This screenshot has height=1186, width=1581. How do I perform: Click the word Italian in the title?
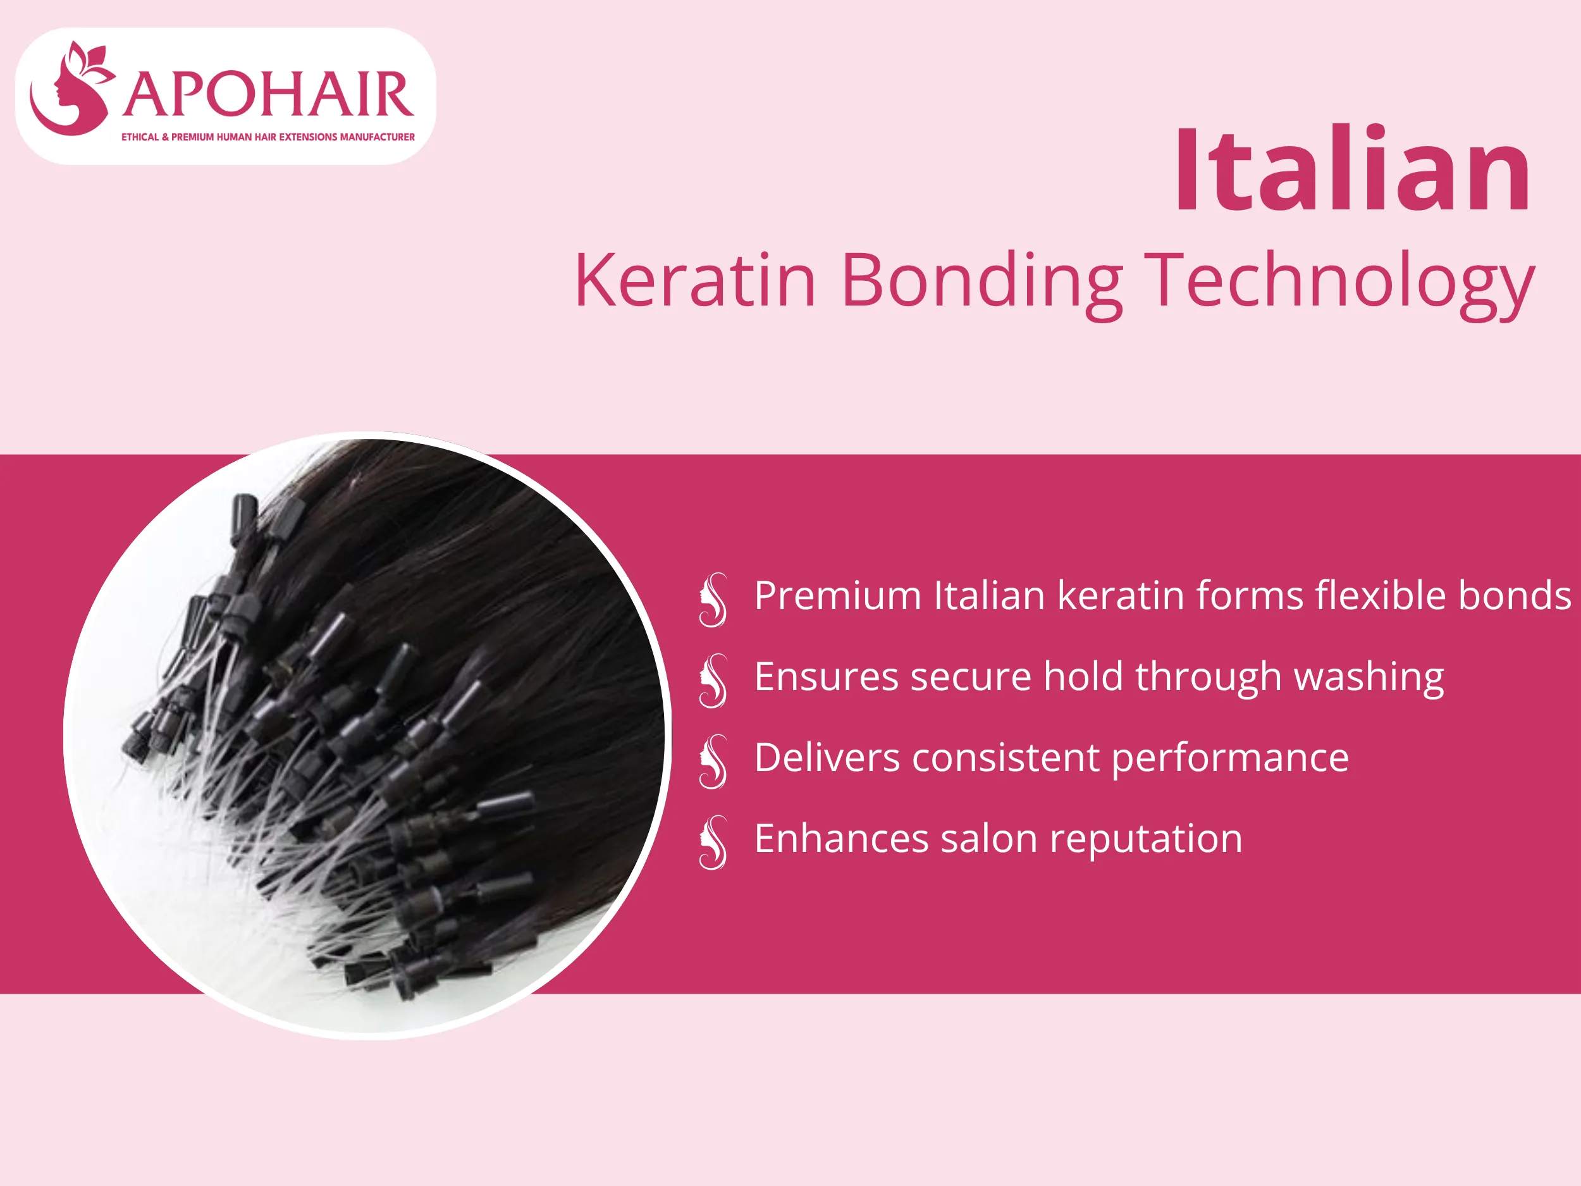1352,170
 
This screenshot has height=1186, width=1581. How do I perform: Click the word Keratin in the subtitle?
695,280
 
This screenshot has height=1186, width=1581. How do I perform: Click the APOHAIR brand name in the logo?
268,95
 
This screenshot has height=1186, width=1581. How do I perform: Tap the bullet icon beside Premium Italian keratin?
713,600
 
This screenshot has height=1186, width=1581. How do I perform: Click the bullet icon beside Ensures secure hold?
713,681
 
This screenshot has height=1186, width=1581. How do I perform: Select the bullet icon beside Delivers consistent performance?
713,762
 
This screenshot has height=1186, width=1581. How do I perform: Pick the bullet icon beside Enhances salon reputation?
713,842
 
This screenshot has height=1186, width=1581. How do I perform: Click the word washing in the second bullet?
1368,677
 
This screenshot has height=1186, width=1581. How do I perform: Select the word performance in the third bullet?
1229,758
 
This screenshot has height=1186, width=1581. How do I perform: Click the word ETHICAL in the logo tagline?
140,137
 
